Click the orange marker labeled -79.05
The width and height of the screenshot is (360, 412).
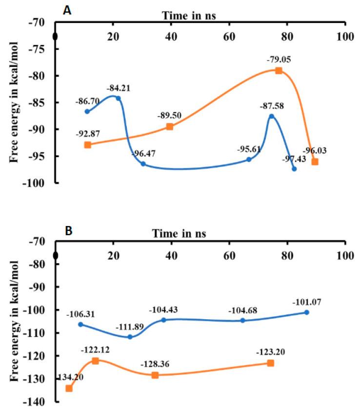(279, 71)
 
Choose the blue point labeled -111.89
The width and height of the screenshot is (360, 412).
(130, 337)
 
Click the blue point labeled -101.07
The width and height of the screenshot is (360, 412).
(306, 312)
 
